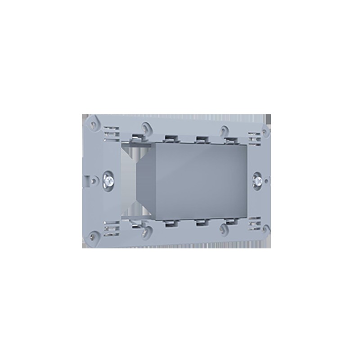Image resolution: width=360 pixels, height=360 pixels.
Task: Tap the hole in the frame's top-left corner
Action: (x=94, y=121)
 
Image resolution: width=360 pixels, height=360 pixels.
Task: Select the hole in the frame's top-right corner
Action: (x=264, y=134)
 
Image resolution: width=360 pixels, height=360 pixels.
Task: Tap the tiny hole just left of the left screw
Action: (x=93, y=179)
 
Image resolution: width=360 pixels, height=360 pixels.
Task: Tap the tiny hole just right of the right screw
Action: (x=269, y=181)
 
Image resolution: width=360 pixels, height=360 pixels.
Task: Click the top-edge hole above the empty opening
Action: (x=145, y=127)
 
